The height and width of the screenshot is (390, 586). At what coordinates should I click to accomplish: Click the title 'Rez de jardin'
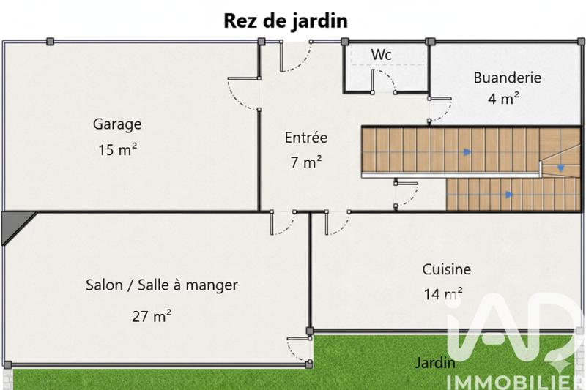tap(286, 21)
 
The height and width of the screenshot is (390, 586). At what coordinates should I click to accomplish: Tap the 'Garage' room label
tap(116, 124)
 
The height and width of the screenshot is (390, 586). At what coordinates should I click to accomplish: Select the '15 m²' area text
tap(118, 150)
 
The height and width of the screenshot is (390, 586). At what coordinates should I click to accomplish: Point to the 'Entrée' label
tap(306, 137)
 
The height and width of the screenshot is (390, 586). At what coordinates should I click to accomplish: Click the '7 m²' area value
tap(306, 162)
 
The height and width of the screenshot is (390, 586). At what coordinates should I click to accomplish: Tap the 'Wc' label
tap(381, 55)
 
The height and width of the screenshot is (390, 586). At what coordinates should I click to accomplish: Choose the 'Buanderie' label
tap(507, 77)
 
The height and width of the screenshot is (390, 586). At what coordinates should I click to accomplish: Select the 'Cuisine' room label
tap(446, 269)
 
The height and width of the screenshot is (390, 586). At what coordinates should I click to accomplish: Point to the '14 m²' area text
tap(442, 294)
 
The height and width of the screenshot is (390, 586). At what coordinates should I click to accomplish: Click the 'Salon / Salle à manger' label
tap(162, 285)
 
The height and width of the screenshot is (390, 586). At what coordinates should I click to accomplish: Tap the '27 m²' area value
tap(152, 316)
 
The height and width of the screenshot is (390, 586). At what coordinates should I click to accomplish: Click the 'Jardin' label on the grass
tap(435, 362)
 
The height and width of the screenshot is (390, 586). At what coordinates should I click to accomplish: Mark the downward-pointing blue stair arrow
tap(561, 168)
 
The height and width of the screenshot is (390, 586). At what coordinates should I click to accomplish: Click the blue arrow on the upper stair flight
tap(467, 152)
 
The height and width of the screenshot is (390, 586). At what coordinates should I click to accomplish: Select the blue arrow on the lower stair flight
tap(508, 195)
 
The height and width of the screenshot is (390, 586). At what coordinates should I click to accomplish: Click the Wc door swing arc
tap(386, 83)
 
